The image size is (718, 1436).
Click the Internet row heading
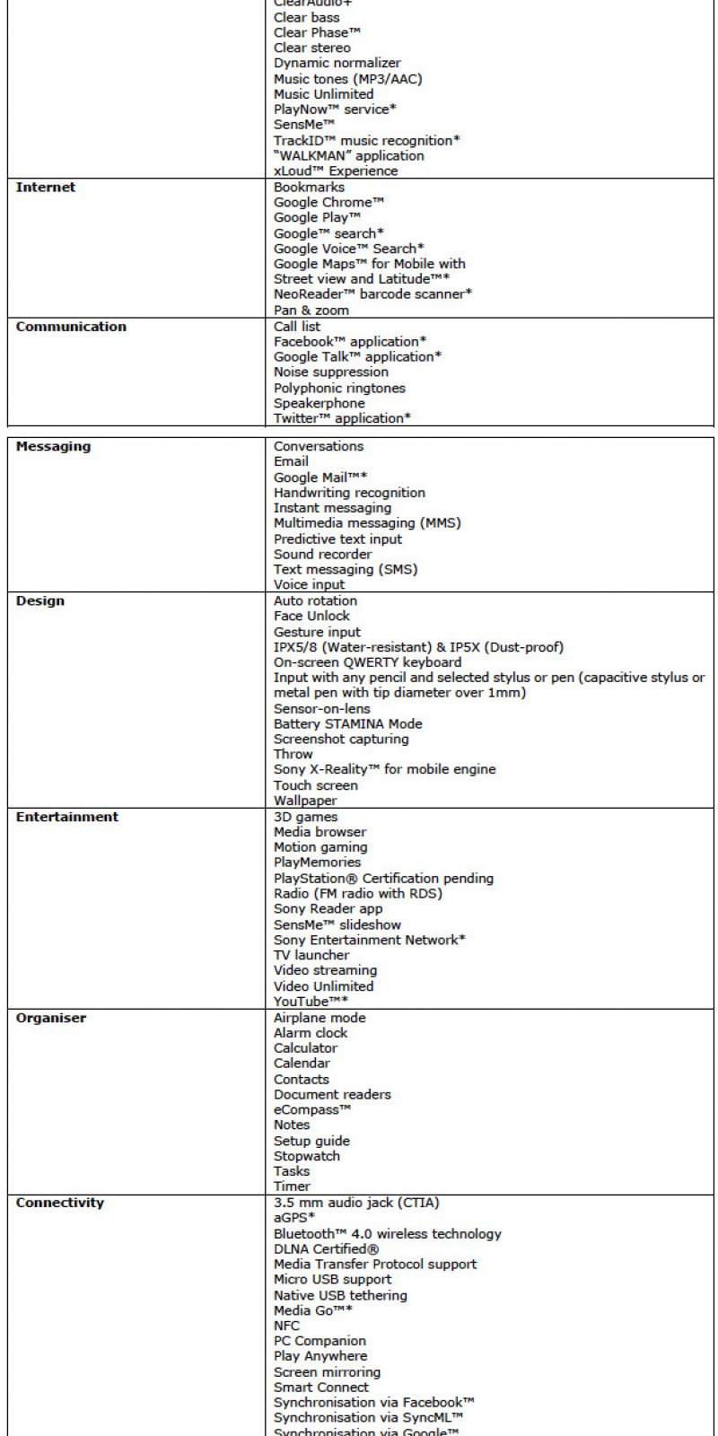[46, 188]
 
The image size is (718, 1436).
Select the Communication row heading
[71, 327]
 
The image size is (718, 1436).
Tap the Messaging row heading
[53, 447]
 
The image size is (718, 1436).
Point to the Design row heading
[40, 601]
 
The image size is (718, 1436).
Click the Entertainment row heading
[67, 818]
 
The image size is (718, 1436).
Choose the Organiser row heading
[51, 1019]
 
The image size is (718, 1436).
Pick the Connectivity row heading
[60, 1204]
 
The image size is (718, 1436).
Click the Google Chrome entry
[328, 203]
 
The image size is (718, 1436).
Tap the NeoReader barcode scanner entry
[372, 294]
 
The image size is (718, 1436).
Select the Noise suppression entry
[331, 372]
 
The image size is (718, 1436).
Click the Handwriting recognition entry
[349, 493]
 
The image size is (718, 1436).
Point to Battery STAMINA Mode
[347, 724]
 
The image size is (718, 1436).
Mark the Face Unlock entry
[311, 617]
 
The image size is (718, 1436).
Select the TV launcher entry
[311, 956]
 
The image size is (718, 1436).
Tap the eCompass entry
[312, 1110]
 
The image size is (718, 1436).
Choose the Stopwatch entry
[307, 1157]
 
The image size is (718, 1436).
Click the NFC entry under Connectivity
[286, 1326]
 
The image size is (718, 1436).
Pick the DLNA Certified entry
[326, 1249]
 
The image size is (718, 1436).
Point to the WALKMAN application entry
[348, 156]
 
